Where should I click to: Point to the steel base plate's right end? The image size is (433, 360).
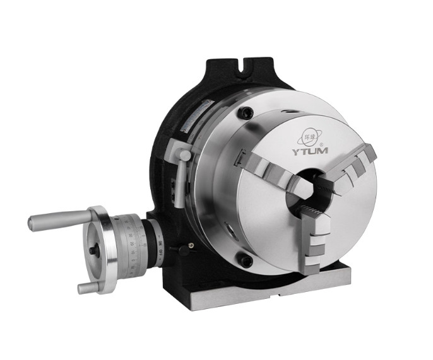(347, 277)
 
